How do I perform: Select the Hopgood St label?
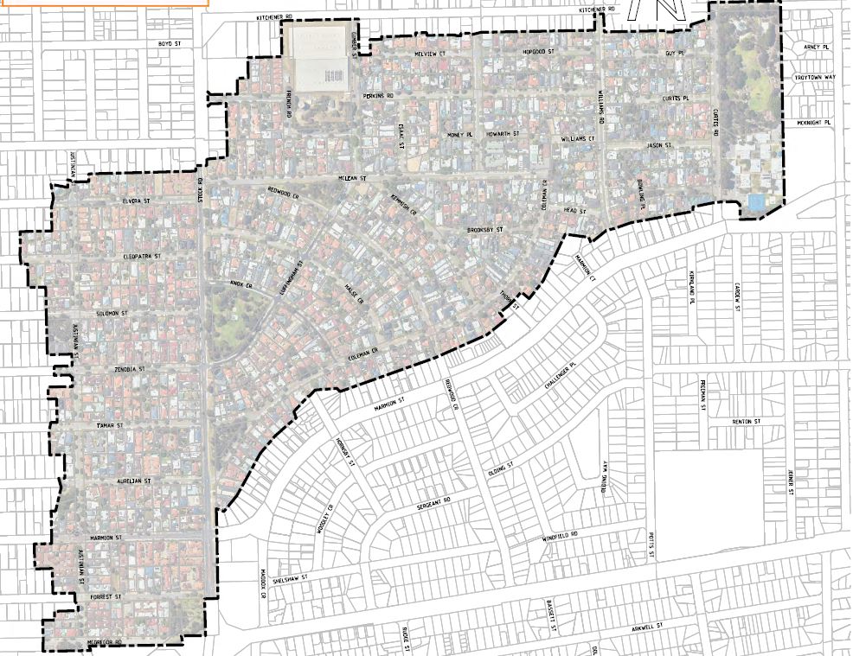coord(538,53)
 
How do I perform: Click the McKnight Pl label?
coord(815,123)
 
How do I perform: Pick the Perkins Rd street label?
coord(378,95)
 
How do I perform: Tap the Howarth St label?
coord(502,135)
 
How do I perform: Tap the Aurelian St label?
coord(136,480)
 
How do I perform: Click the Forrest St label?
coord(109,596)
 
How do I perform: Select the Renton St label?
coord(745,421)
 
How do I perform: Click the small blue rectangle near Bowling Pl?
coord(755,201)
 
